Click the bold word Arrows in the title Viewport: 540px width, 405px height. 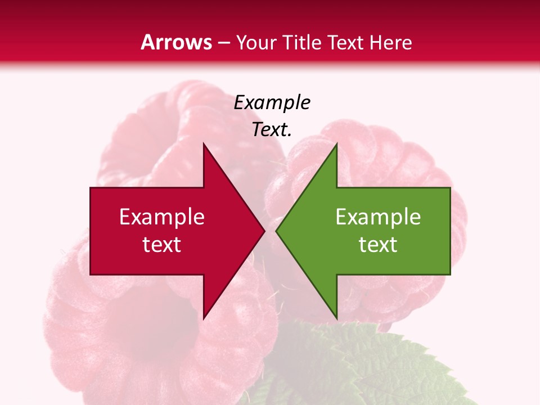coord(176,42)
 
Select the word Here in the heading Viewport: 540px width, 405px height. coord(390,42)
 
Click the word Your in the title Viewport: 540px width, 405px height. coord(256,42)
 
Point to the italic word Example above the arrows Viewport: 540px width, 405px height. coord(272,103)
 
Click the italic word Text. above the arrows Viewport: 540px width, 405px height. coord(272,130)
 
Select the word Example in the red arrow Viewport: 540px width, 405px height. coord(161,217)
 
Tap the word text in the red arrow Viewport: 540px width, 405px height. coord(161,244)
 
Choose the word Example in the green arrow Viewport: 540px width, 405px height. coord(378,217)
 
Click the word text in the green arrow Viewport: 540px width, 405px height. coord(378,244)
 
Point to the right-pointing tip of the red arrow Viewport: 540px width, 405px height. coord(264,231)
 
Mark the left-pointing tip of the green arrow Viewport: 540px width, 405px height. coord(276,231)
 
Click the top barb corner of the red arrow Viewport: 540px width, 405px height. coord(204,143)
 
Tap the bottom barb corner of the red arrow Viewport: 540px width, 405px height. coord(204,318)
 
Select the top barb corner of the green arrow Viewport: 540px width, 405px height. coord(336,143)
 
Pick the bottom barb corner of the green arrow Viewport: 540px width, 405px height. coord(336,318)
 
